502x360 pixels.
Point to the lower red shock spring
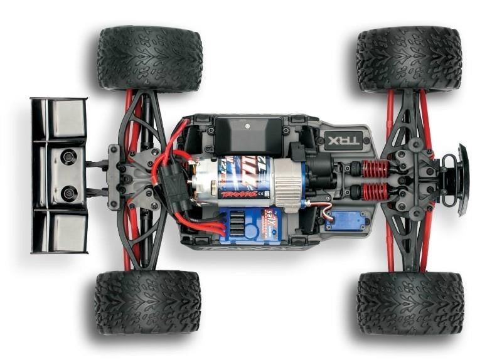375,191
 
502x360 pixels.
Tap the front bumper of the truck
463,179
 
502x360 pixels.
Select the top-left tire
149,58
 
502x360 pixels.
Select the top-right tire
409,58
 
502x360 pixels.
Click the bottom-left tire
147,302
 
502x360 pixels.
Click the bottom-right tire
410,303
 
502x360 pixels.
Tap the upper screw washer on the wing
68,156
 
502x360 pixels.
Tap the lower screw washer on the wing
68,191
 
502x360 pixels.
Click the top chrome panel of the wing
68,118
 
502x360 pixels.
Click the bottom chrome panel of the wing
68,232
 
